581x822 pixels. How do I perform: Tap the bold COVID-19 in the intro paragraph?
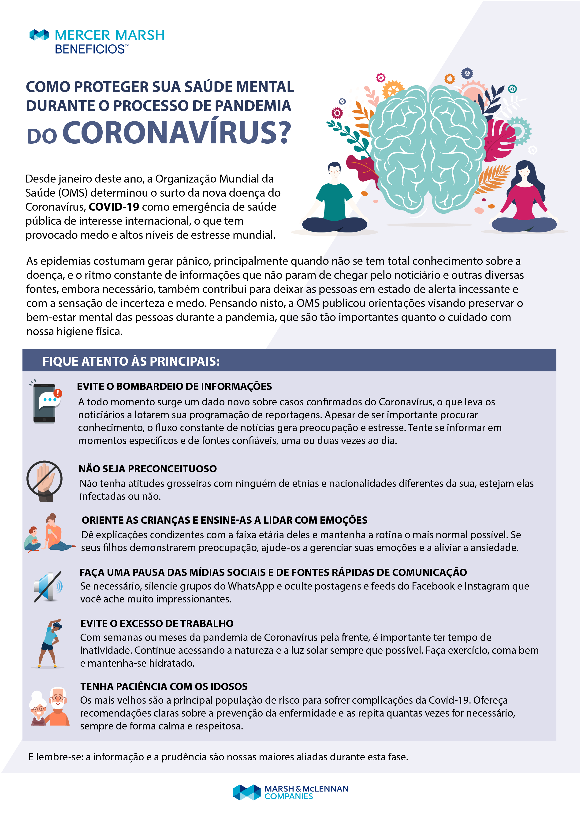114,207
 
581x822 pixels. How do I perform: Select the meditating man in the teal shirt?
334,201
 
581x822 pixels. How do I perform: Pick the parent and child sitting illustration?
50,533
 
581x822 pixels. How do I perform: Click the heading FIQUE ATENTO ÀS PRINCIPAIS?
131,361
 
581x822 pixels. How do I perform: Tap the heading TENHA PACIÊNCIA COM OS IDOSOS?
164,686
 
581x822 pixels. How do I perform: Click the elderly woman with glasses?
38,709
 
